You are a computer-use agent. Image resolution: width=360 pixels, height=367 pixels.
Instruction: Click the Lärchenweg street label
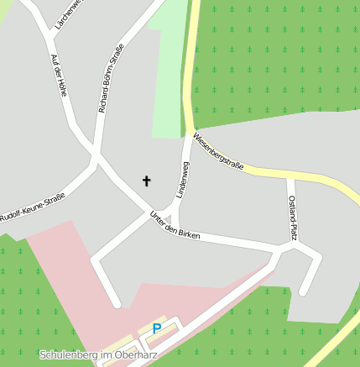tap(69, 14)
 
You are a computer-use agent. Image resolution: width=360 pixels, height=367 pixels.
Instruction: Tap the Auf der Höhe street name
tap(58, 76)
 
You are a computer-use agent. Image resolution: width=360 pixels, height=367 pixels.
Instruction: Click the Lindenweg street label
tap(183, 181)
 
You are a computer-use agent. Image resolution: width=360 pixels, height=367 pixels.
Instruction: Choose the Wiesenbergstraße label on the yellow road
tap(218, 151)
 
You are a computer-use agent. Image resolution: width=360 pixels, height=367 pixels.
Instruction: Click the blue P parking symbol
tap(156, 328)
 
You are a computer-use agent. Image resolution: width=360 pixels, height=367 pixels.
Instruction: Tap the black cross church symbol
tap(147, 181)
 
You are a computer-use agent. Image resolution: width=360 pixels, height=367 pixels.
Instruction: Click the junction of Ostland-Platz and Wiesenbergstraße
tap(290, 177)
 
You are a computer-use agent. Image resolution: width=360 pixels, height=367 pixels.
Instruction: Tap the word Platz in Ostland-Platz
tap(294, 230)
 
